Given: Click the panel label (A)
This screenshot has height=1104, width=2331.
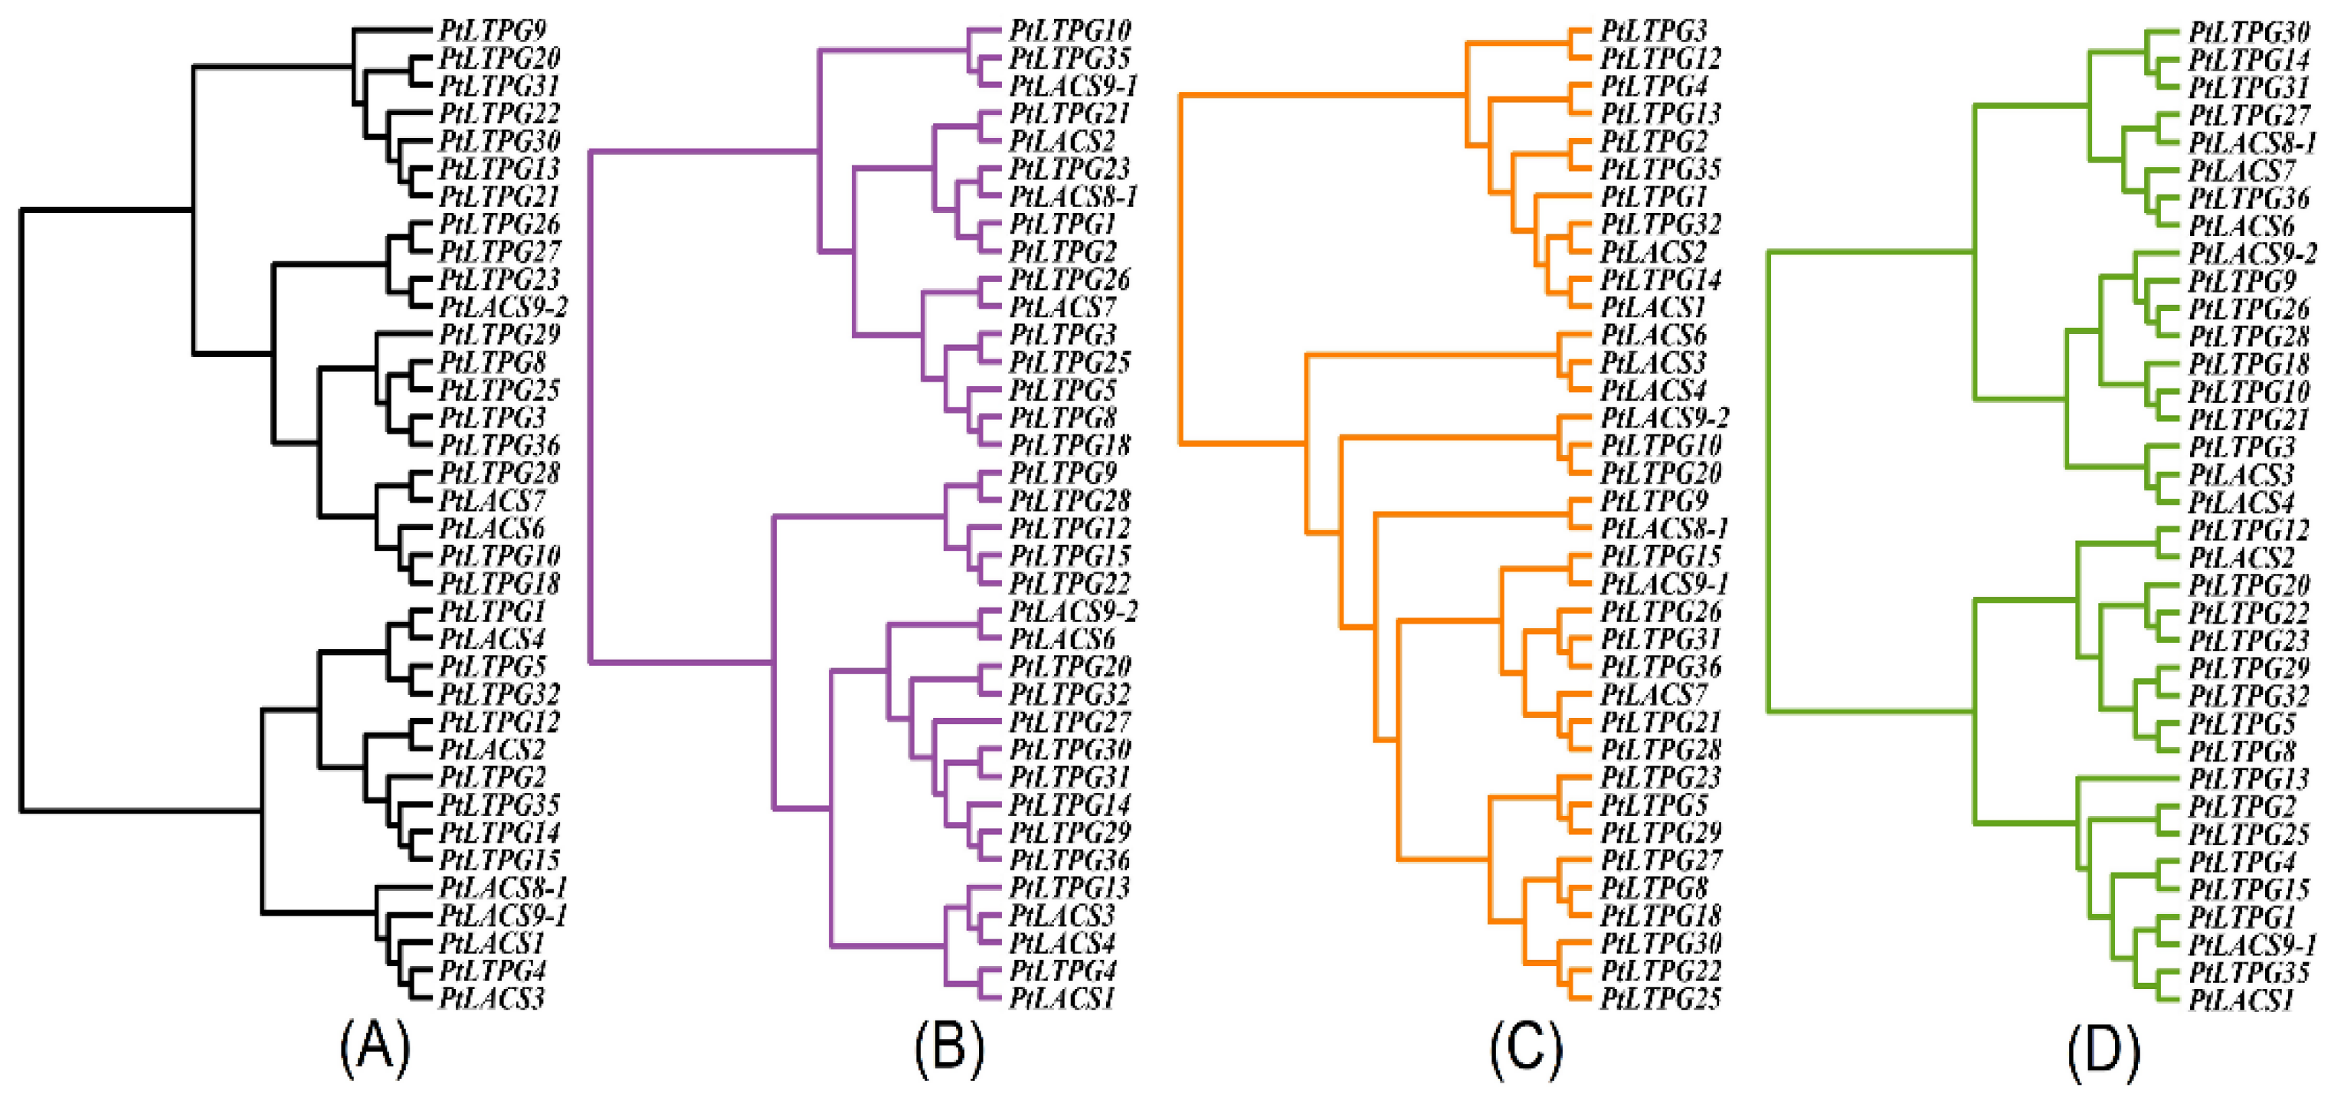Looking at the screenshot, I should [x=375, y=1049].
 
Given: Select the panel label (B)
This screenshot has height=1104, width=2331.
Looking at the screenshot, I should [x=948, y=1049].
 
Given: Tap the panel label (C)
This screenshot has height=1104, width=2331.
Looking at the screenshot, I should [x=1526, y=1049].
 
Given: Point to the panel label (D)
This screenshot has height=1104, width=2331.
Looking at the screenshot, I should [x=2103, y=1049].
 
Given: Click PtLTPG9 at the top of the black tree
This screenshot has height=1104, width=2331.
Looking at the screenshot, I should [x=493, y=31].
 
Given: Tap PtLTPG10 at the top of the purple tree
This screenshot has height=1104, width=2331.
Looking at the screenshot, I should [x=1069, y=31].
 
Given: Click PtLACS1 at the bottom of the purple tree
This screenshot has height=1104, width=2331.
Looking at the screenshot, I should [x=1062, y=999].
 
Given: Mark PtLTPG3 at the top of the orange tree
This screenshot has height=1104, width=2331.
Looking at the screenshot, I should [x=1653, y=31].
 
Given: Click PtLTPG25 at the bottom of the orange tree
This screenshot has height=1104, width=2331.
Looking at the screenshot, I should [x=1661, y=999].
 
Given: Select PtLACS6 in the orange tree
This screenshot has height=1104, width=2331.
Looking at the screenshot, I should [x=1653, y=336].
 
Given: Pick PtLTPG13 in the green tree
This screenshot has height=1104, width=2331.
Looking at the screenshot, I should [x=2250, y=779].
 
